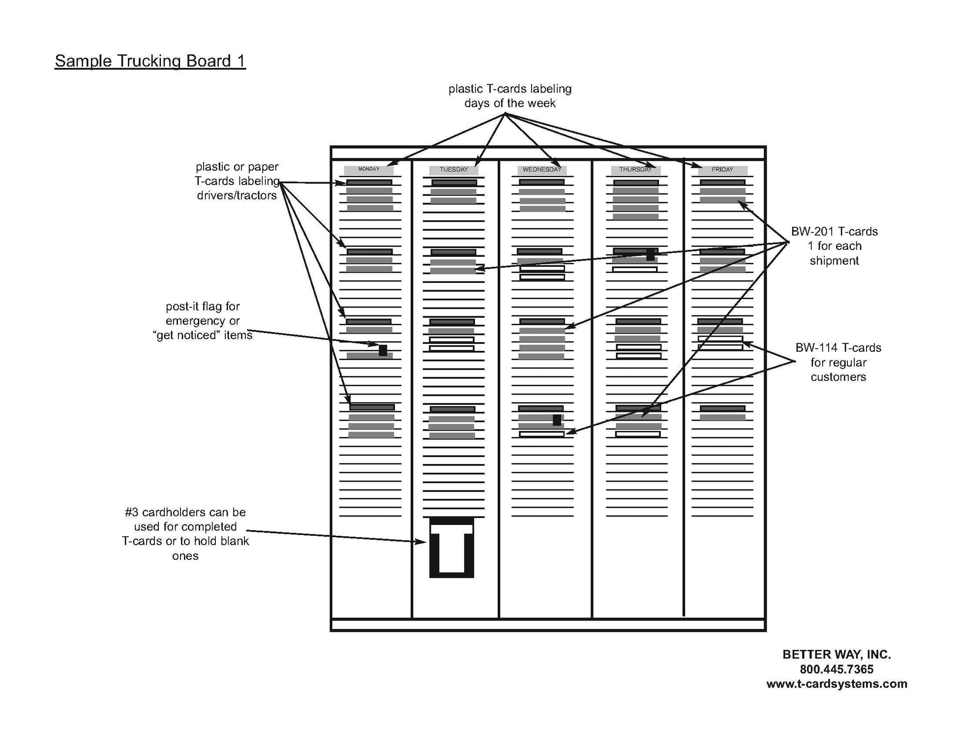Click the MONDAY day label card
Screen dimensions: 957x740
369,170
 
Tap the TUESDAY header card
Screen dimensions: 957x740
453,170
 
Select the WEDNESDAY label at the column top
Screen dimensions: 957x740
542,170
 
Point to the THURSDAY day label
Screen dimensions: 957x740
635,170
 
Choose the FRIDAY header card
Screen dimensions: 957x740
722,170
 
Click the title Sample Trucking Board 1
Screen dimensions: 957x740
150,61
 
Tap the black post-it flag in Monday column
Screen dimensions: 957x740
383,350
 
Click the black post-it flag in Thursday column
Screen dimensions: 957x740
650,254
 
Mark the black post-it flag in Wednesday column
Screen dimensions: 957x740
557,420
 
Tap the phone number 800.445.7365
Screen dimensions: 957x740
837,669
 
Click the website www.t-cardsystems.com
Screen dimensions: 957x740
837,684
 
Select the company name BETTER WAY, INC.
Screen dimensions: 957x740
837,654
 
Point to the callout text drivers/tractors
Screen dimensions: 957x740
237,196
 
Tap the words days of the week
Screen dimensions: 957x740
510,103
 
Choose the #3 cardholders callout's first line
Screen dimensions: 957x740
185,512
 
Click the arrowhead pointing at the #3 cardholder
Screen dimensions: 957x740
421,542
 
